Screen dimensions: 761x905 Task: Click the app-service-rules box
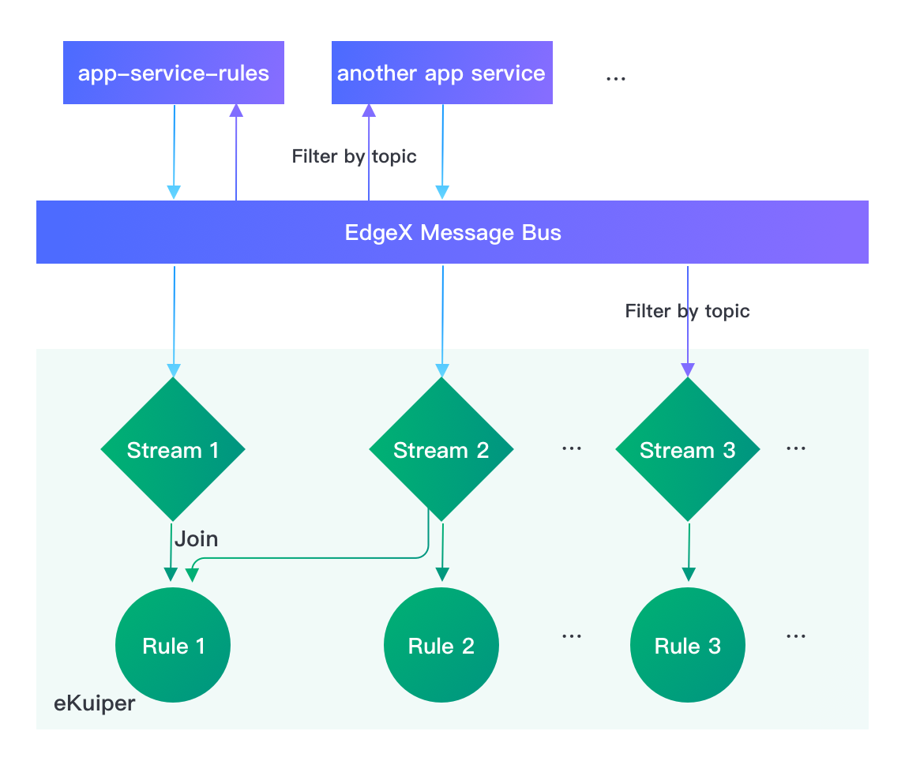pos(173,73)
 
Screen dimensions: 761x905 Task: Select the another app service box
pos(441,73)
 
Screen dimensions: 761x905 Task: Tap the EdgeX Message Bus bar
pos(452,232)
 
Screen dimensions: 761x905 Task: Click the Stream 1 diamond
pos(173,450)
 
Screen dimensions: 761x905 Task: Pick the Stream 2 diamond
pos(441,450)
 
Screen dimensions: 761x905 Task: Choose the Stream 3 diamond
pos(687,450)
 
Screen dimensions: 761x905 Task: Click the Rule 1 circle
pos(173,646)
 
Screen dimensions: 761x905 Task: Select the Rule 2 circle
pos(441,646)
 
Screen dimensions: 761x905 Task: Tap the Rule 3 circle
pos(687,646)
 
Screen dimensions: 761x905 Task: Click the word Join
pos(196,539)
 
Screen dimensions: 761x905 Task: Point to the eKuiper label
pos(95,703)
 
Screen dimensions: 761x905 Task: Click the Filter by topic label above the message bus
pos(355,156)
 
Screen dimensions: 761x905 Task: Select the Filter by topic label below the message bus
pos(687,311)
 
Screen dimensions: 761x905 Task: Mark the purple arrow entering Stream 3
pos(687,332)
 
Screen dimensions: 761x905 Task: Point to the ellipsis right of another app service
pos(615,78)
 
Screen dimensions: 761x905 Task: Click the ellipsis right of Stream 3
pos(795,448)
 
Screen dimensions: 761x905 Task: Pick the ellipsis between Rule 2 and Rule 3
pos(571,635)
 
